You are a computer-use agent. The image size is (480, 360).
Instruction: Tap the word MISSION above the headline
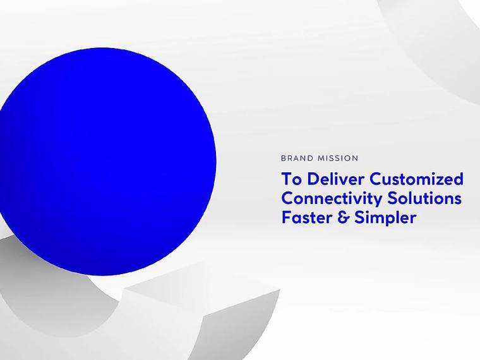pos(338,159)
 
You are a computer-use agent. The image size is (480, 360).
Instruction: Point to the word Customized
pos(417,179)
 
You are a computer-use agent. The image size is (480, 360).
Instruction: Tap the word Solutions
pos(424,198)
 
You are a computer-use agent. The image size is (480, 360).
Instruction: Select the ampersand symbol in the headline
pos(343,218)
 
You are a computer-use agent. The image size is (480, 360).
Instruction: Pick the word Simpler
pos(385,219)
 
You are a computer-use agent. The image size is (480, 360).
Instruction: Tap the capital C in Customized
pos(376,179)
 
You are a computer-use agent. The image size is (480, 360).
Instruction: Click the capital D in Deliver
pos(313,179)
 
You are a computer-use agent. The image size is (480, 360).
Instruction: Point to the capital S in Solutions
pos(392,199)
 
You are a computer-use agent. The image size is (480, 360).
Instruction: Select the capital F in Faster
pos(286,219)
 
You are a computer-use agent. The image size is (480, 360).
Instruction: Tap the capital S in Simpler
pos(359,219)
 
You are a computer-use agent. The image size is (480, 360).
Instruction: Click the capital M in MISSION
pos(321,159)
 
